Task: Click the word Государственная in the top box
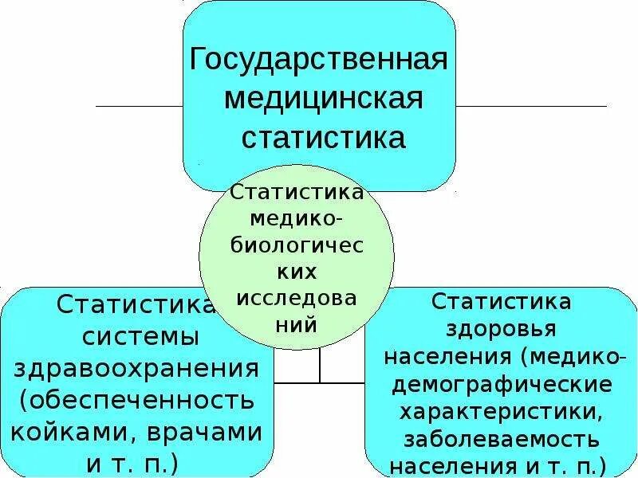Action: tap(318, 61)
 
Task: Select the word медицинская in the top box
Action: tap(323, 100)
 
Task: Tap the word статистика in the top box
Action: tap(323, 139)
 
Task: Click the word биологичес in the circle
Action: tap(297, 245)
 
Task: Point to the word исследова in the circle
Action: tap(297, 298)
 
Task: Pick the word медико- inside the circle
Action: tap(297, 218)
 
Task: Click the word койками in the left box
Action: tap(73, 432)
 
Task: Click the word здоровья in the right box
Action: tap(502, 328)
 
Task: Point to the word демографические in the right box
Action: tap(502, 384)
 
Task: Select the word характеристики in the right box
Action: tap(502, 411)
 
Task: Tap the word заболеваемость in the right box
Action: tap(502, 438)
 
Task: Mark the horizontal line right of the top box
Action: tap(531, 106)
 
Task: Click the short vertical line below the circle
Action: tap(320, 365)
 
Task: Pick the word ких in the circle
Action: tap(297, 272)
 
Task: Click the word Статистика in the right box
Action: tap(502, 301)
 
